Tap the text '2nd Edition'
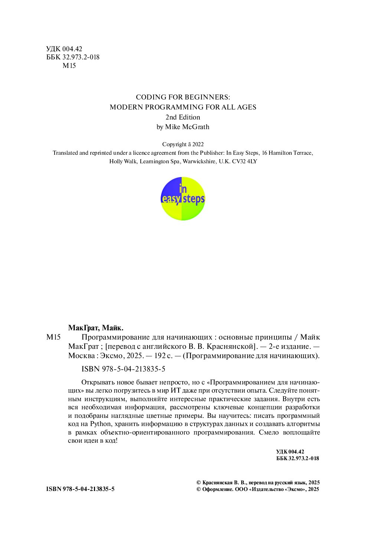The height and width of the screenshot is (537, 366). (183, 117)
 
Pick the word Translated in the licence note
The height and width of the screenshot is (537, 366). (65, 153)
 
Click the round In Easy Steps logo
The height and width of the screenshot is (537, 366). (183, 199)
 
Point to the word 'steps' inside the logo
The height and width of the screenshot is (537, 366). (194, 199)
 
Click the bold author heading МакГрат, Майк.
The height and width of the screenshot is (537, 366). (95, 328)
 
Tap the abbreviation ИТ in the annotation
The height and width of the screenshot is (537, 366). (175, 391)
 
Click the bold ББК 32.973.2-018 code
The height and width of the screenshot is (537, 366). (297, 458)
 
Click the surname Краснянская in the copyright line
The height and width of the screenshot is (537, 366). (218, 482)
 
